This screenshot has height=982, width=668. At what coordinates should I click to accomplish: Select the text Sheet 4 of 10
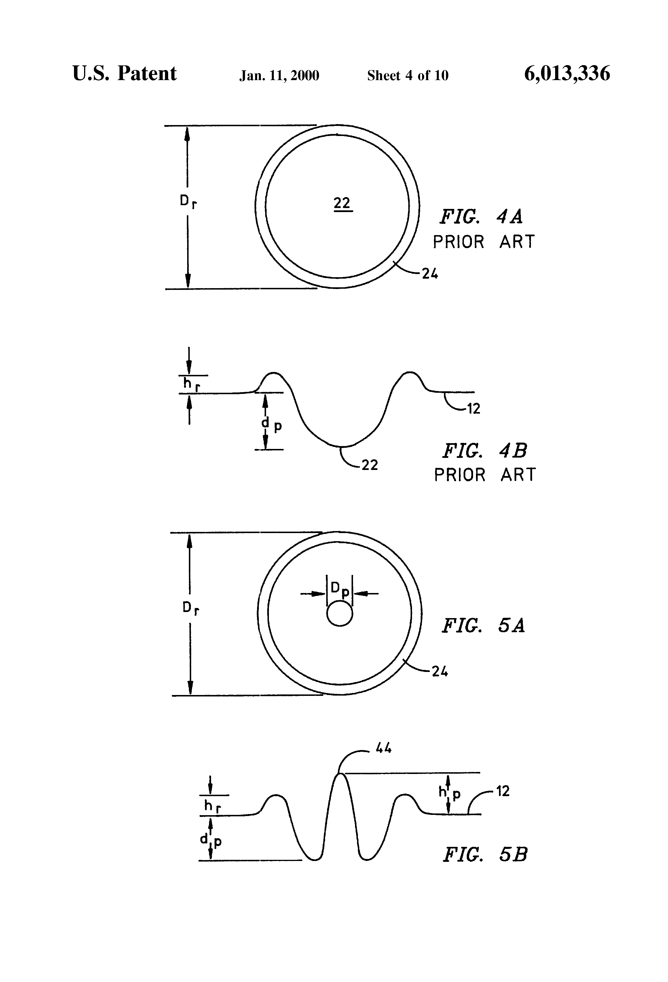[x=407, y=75]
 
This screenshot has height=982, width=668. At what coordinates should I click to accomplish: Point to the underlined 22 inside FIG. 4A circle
[x=342, y=204]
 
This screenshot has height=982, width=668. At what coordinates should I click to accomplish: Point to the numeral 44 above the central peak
[x=384, y=748]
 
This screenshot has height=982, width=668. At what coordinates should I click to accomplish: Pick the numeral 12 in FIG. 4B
[x=473, y=409]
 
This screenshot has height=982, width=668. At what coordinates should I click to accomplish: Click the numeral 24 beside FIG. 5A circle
[x=440, y=671]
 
